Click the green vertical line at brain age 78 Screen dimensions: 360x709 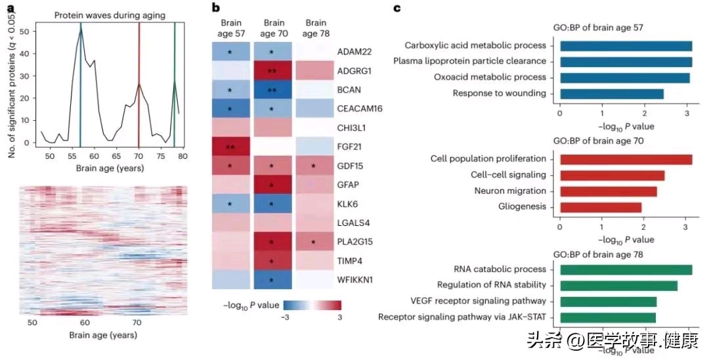pos(175,79)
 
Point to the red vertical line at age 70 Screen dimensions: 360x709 pos(139,79)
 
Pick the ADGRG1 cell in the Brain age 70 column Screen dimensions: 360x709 pos(272,70)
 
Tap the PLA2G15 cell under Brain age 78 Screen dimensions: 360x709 pos(314,241)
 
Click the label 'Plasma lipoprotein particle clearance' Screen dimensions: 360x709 pos(469,61)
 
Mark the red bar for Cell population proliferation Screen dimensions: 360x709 pos(625,159)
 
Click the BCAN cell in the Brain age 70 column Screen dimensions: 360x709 pos(272,89)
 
